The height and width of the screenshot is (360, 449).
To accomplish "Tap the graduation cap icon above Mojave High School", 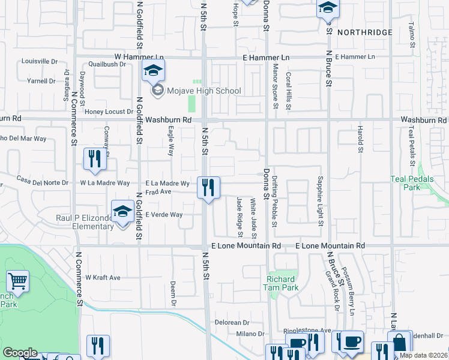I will coord(153,71).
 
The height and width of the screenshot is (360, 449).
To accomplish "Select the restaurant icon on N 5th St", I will coord(208,188).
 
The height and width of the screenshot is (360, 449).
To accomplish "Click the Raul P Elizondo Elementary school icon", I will coord(123,213).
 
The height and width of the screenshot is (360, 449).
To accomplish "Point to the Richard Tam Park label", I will coord(281,283).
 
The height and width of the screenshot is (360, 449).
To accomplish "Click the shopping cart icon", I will coord(18,281).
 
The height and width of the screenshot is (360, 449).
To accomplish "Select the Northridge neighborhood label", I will coord(364,32).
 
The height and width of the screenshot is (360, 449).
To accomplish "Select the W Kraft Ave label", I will coord(103,278).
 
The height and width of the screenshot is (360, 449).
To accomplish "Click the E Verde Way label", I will coord(164,214).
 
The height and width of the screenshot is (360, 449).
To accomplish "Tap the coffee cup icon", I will coord(352,341).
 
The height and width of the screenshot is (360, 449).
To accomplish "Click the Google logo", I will coord(20,353).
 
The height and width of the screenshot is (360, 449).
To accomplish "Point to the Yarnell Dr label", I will coord(41,80).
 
